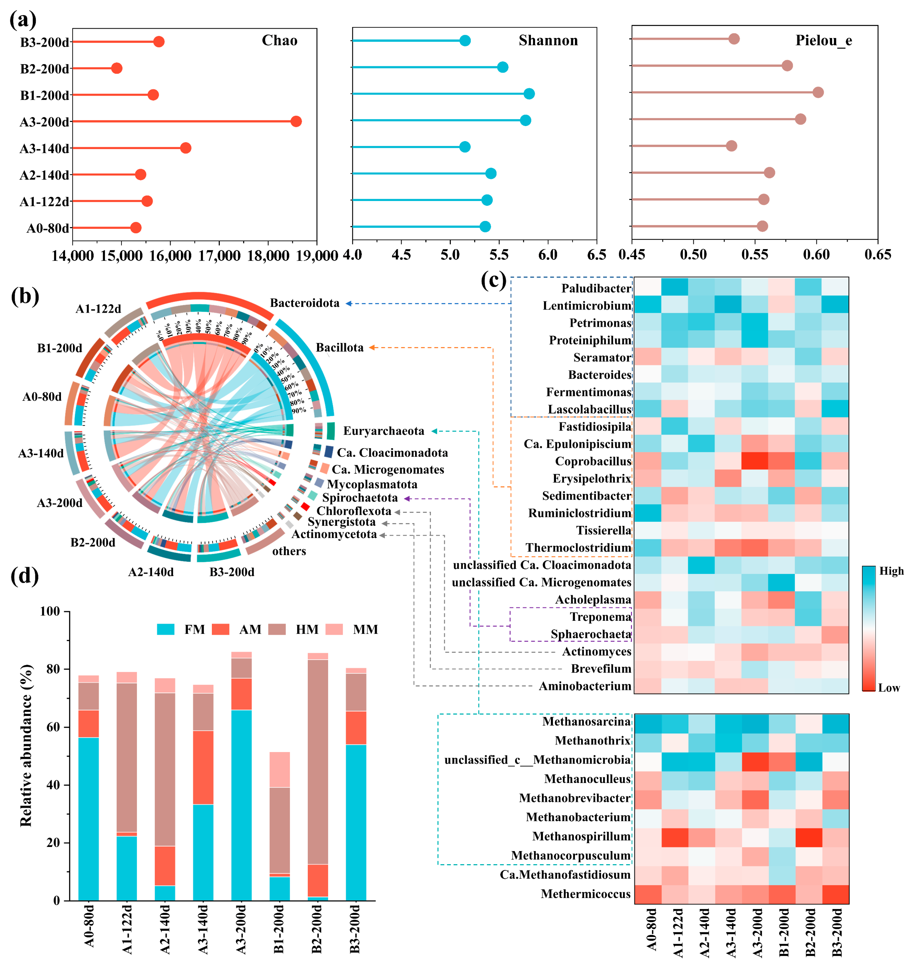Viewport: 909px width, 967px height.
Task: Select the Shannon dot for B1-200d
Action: pyautogui.click(x=529, y=94)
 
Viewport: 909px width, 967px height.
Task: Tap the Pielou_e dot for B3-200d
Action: pyautogui.click(x=734, y=39)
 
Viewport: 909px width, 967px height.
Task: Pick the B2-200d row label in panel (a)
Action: pyautogui.click(x=44, y=69)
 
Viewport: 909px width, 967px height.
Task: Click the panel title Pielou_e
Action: pyautogui.click(x=823, y=40)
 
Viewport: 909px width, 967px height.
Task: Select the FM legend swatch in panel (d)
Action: pyautogui.click(x=166, y=630)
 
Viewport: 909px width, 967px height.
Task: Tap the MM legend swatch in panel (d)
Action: pyautogui.click(x=334, y=630)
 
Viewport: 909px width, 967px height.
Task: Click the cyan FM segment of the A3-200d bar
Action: pyautogui.click(x=241, y=805)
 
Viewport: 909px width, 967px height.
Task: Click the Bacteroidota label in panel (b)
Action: pyautogui.click(x=305, y=303)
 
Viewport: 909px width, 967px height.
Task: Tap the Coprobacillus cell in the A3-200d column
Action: pyautogui.click(x=755, y=461)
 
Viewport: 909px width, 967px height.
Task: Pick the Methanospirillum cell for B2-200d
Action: pyautogui.click(x=808, y=836)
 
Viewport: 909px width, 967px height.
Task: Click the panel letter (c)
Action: pyautogui.click(x=493, y=281)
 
